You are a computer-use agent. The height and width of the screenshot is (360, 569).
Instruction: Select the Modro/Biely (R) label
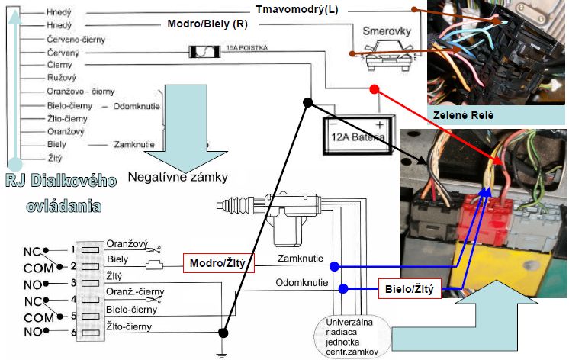207,24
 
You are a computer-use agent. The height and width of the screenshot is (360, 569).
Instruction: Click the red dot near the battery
375,89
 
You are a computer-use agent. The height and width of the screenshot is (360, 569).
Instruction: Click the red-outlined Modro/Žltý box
218,264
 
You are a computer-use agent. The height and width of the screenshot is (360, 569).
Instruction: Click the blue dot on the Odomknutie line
342,288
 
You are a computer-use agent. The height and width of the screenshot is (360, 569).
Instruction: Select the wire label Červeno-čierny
76,38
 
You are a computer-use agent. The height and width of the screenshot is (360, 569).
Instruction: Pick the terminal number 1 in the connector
73,249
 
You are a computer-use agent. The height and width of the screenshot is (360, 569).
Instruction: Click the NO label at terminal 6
32,332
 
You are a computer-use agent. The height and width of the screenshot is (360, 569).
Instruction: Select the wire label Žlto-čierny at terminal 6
130,327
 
